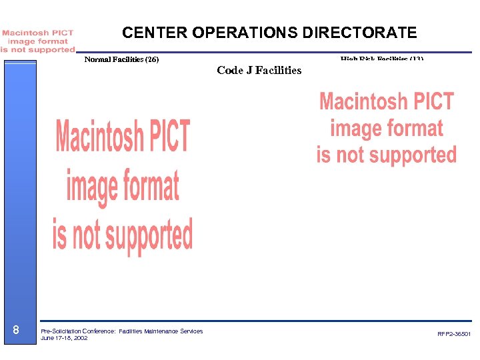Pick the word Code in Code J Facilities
click(x=230, y=70)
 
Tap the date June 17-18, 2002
click(x=64, y=338)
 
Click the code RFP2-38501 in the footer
click(x=454, y=334)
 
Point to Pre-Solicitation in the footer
click(x=59, y=331)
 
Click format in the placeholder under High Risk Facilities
click(x=415, y=128)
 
